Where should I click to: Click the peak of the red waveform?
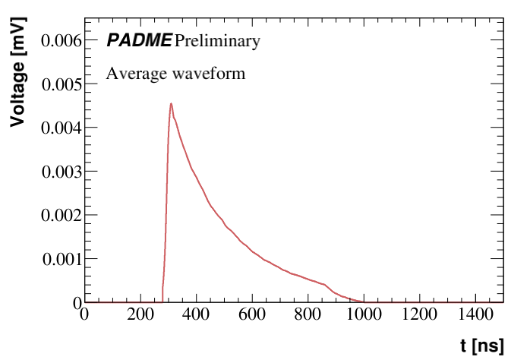(171, 103)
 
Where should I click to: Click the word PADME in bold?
(139, 41)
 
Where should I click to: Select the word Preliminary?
(216, 41)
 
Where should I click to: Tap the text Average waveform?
(175, 74)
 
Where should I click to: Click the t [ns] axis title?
(481, 346)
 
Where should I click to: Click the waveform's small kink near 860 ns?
(325, 285)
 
